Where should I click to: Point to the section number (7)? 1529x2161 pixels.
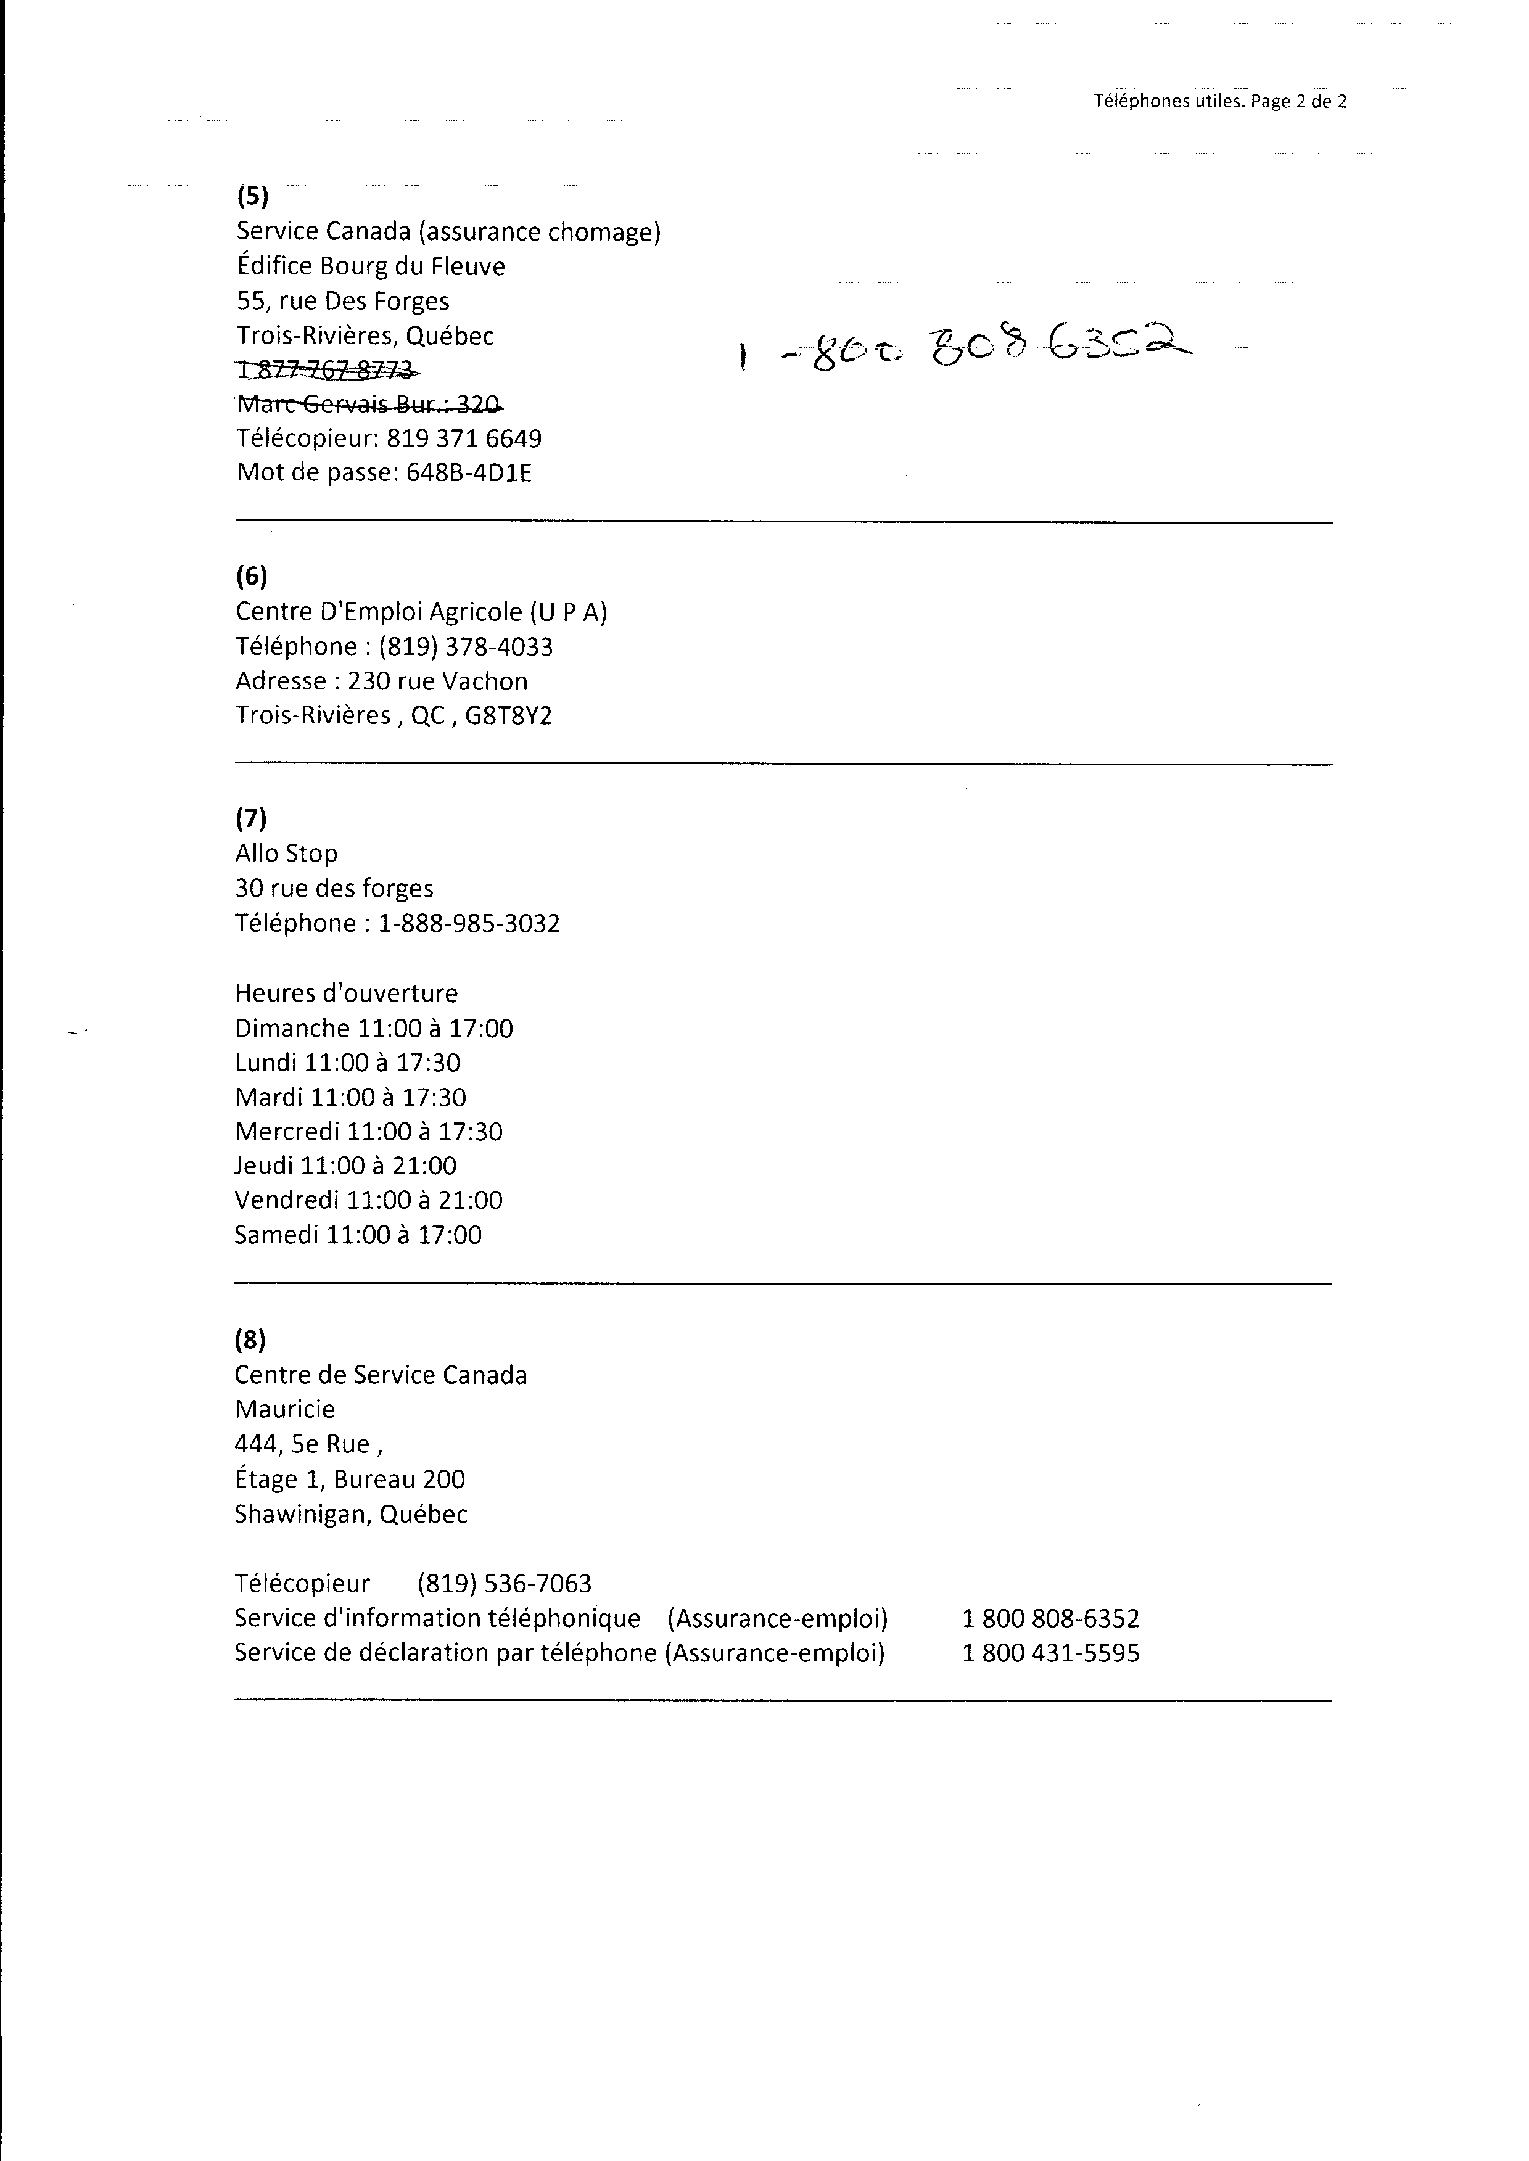point(250,819)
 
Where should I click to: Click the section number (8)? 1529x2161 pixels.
point(250,1340)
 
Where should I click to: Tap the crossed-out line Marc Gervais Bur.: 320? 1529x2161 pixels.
point(369,405)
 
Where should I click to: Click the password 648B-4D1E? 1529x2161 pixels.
point(469,472)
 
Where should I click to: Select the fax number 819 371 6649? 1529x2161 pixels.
point(464,438)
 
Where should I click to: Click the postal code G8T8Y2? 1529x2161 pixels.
point(508,716)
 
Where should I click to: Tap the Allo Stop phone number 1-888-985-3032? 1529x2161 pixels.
point(469,923)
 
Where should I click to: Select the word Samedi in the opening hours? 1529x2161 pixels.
point(277,1235)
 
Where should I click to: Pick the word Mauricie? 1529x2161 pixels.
point(284,1409)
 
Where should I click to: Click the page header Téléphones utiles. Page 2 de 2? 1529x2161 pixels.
point(1219,102)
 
